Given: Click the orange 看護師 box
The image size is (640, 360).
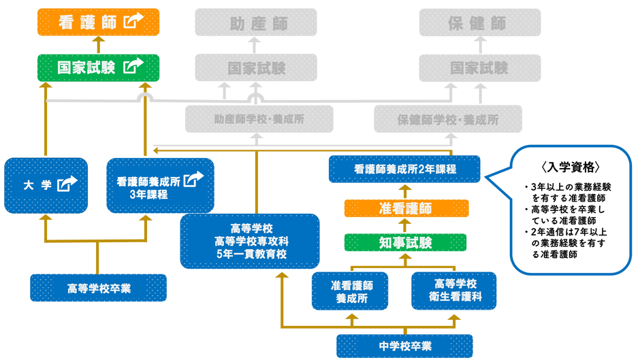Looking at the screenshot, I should pyautogui.click(x=97, y=22).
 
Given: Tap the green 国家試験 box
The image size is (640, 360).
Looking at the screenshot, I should pyautogui.click(x=97, y=67).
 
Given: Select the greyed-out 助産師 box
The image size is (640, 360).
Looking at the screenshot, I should pyautogui.click(x=255, y=22).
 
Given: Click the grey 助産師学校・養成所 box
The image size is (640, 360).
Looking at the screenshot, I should pyautogui.click(x=259, y=119).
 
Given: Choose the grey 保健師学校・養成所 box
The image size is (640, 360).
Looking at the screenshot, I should pyautogui.click(x=447, y=119).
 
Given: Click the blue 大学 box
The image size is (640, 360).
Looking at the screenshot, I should pyautogui.click(x=46, y=184).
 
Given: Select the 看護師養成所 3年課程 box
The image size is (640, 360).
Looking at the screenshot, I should pyautogui.click(x=160, y=184).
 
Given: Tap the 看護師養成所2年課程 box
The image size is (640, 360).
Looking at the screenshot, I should pyautogui.click(x=404, y=169).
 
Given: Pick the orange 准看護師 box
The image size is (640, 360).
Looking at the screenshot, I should pyautogui.click(x=406, y=208).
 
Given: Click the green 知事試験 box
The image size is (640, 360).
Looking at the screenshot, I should pyautogui.click(x=406, y=242).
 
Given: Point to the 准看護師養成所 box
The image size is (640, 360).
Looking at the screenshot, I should pyautogui.click(x=350, y=291).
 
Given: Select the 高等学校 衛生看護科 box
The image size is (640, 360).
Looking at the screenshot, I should pyautogui.click(x=453, y=291).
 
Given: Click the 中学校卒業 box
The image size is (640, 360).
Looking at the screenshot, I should pyautogui.click(x=404, y=345).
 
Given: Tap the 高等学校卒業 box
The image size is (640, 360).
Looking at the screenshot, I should pyautogui.click(x=98, y=288).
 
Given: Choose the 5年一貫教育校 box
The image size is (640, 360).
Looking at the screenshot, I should pyautogui.click(x=249, y=240).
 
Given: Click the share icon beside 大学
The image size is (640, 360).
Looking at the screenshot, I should pyautogui.click(x=67, y=183).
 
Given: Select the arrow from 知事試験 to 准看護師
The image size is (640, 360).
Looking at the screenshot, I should pyautogui.click(x=406, y=225).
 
